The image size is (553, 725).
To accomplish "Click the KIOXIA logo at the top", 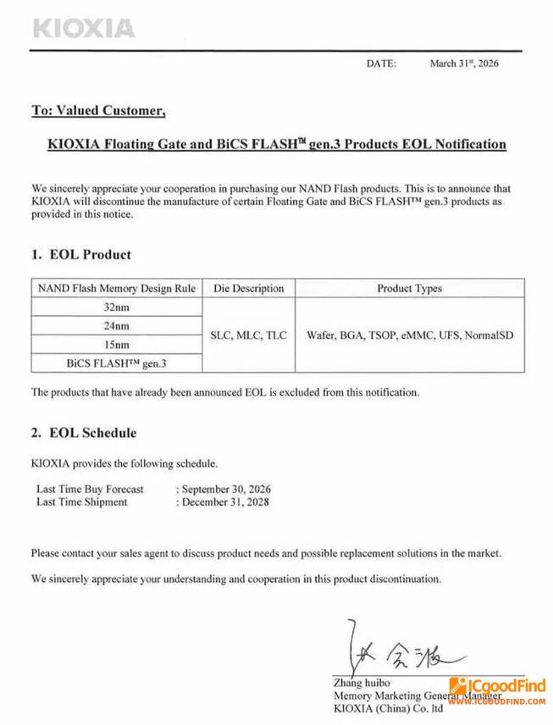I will tap(83, 28).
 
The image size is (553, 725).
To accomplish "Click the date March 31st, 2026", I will tap(464, 64).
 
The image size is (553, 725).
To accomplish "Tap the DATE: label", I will tap(381, 64).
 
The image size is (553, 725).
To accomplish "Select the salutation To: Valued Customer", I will tap(97, 110).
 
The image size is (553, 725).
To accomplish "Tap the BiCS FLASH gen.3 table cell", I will tap(116, 363).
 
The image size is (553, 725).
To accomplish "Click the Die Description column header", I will tap(248, 289).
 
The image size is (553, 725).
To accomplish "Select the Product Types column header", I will tap(409, 289).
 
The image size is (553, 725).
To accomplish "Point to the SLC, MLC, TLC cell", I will tap(248, 335).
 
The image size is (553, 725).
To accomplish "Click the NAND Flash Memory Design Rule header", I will tap(117, 289).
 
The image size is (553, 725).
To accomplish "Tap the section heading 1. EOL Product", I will tap(81, 254).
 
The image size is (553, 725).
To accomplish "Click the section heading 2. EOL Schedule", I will tap(84, 433).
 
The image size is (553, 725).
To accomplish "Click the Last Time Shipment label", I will tap(81, 501).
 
